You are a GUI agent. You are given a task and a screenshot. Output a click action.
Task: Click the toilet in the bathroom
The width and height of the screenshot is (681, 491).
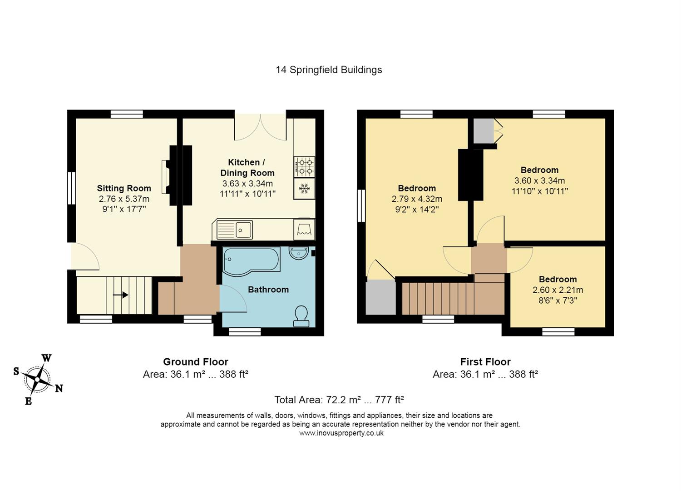(301, 316)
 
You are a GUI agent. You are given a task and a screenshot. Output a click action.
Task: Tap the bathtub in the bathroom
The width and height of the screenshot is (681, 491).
(252, 261)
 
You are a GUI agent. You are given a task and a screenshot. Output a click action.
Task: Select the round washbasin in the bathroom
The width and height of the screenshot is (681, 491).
(299, 253)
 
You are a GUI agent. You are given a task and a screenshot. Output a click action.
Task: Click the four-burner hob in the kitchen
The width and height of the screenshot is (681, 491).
(304, 167)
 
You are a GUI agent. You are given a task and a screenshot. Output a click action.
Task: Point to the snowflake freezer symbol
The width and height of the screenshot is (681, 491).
(304, 189)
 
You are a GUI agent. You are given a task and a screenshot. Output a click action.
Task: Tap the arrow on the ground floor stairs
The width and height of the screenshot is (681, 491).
(120, 295)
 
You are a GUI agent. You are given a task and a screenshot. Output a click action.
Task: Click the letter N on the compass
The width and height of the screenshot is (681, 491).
(59, 388)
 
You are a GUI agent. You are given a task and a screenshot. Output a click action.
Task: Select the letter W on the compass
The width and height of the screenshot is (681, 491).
(46, 358)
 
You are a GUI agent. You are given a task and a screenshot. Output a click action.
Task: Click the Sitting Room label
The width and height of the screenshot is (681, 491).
(124, 188)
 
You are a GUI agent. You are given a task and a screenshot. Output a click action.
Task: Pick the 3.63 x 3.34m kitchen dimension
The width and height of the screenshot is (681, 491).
(247, 184)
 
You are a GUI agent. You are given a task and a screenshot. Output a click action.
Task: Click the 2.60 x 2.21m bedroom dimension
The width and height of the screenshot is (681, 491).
(558, 290)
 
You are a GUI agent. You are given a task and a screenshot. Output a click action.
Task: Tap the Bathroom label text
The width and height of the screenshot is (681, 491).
(268, 290)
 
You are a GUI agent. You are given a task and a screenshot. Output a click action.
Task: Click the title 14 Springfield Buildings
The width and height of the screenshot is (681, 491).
(329, 70)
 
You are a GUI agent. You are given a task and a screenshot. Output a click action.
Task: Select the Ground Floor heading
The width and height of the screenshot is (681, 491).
(196, 361)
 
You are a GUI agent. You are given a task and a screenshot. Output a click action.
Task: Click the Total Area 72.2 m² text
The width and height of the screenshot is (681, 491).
(339, 400)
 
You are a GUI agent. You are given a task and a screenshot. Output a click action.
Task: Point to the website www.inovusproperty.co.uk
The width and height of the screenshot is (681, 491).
(341, 433)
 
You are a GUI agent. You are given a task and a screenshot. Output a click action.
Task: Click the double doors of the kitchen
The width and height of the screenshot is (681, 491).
(260, 127)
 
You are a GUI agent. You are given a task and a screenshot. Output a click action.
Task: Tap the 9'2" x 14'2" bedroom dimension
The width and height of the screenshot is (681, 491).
(417, 209)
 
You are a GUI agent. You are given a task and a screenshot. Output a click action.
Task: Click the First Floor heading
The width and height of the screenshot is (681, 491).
(485, 361)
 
